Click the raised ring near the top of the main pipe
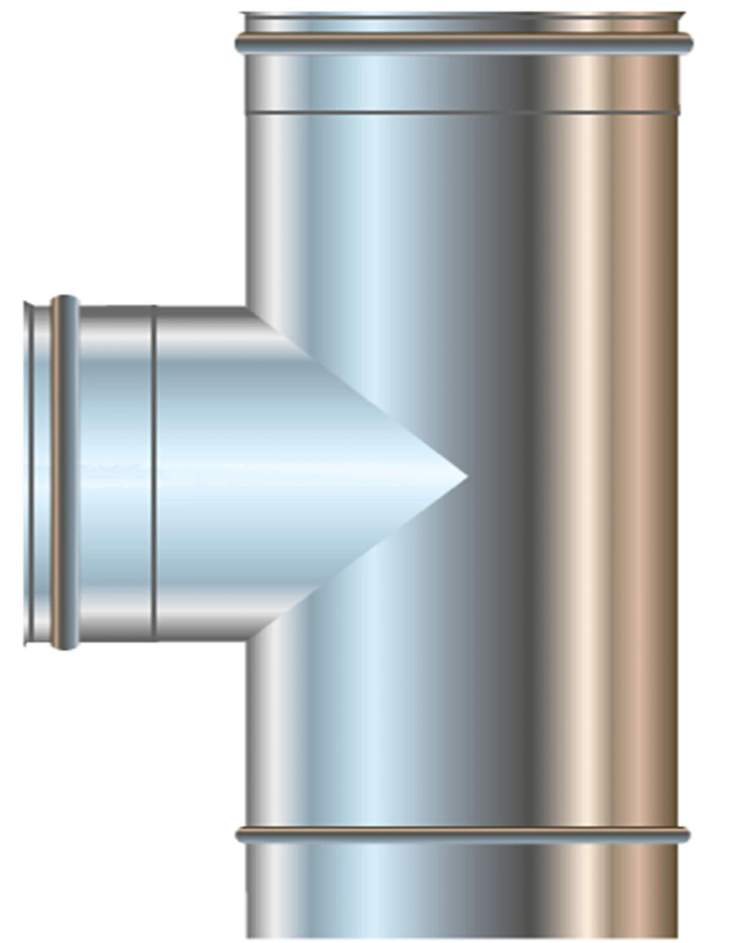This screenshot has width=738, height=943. [464, 43]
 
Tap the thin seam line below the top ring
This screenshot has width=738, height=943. [462, 113]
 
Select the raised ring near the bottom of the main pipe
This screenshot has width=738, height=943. [462, 835]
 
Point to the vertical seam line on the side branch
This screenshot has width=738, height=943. [154, 471]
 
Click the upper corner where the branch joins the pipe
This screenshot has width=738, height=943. [247, 309]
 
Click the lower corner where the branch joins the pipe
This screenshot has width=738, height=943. [247, 640]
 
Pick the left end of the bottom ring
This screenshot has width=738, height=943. [239, 835]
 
